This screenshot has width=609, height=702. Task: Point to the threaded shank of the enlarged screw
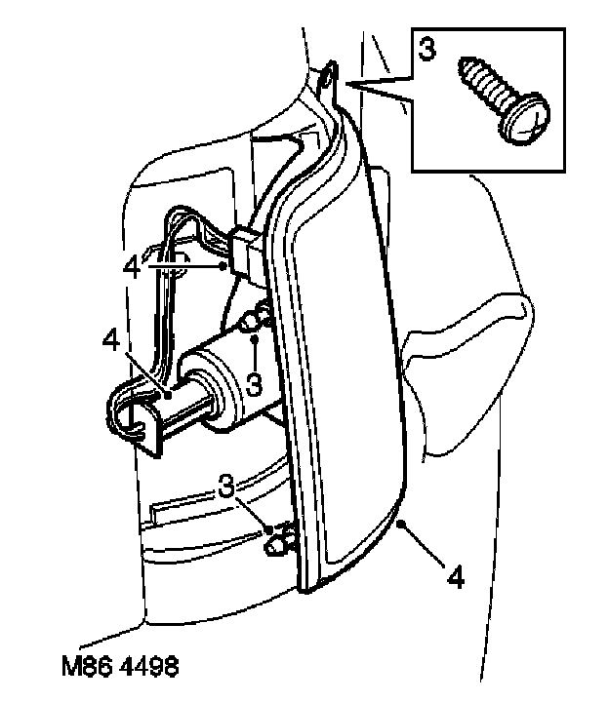(485, 83)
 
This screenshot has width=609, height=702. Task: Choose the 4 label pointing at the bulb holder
(109, 342)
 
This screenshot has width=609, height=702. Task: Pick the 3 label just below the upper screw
(255, 382)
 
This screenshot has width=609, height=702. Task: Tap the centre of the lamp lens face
(346, 390)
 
